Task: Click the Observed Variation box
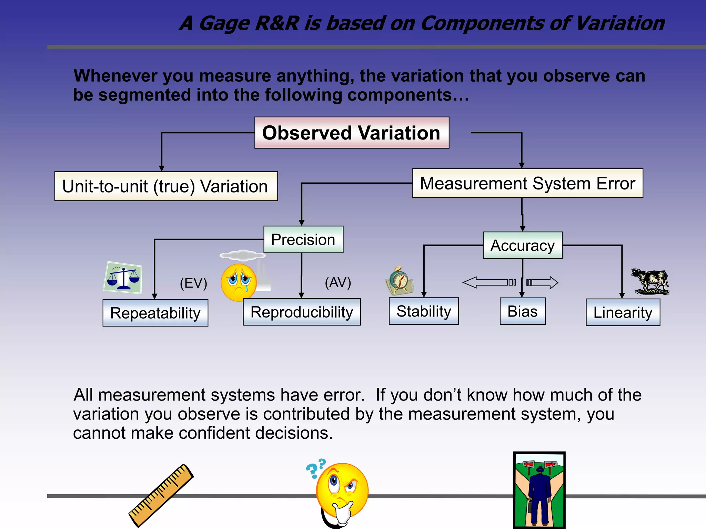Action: click(x=352, y=133)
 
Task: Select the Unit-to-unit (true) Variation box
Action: click(x=166, y=186)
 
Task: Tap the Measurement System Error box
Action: click(x=527, y=183)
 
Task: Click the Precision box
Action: click(x=303, y=240)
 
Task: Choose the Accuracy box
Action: click(x=523, y=246)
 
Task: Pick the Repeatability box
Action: click(x=155, y=313)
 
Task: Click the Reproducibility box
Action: click(x=302, y=312)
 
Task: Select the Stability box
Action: click(x=424, y=311)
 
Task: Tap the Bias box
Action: click(x=523, y=311)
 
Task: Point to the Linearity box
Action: click(x=623, y=312)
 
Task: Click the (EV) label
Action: click(x=193, y=283)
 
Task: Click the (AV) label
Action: click(x=338, y=282)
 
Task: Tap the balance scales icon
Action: click(x=123, y=278)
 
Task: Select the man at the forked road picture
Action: click(x=539, y=490)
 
